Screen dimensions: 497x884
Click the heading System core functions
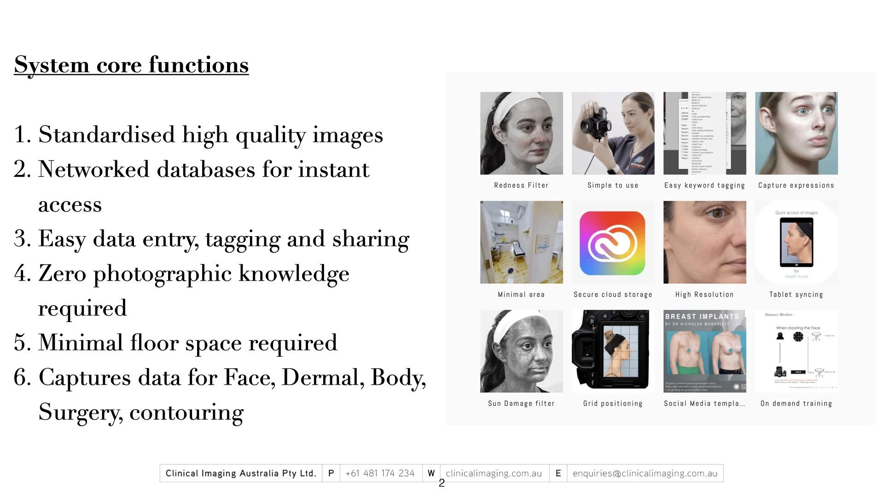coord(131,64)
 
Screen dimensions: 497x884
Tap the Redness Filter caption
coord(521,185)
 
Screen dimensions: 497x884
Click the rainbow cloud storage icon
coord(612,243)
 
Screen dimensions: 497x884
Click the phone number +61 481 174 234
coord(380,473)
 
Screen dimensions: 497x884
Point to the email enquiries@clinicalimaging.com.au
coord(645,473)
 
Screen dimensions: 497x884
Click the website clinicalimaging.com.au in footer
coord(494,473)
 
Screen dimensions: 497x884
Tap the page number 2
coord(442,483)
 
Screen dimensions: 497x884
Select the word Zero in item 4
coord(62,273)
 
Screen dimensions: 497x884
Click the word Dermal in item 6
coord(320,377)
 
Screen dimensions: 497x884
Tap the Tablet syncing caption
coord(796,295)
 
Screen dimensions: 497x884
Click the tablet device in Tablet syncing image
coord(796,242)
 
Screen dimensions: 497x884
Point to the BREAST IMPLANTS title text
coord(702,317)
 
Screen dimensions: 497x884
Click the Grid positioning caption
coord(613,404)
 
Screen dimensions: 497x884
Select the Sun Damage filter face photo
coord(521,351)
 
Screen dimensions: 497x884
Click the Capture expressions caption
coord(796,185)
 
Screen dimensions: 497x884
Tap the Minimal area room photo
coord(521,242)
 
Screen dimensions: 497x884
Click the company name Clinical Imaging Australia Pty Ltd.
coord(241,473)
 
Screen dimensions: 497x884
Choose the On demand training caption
coord(796,404)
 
